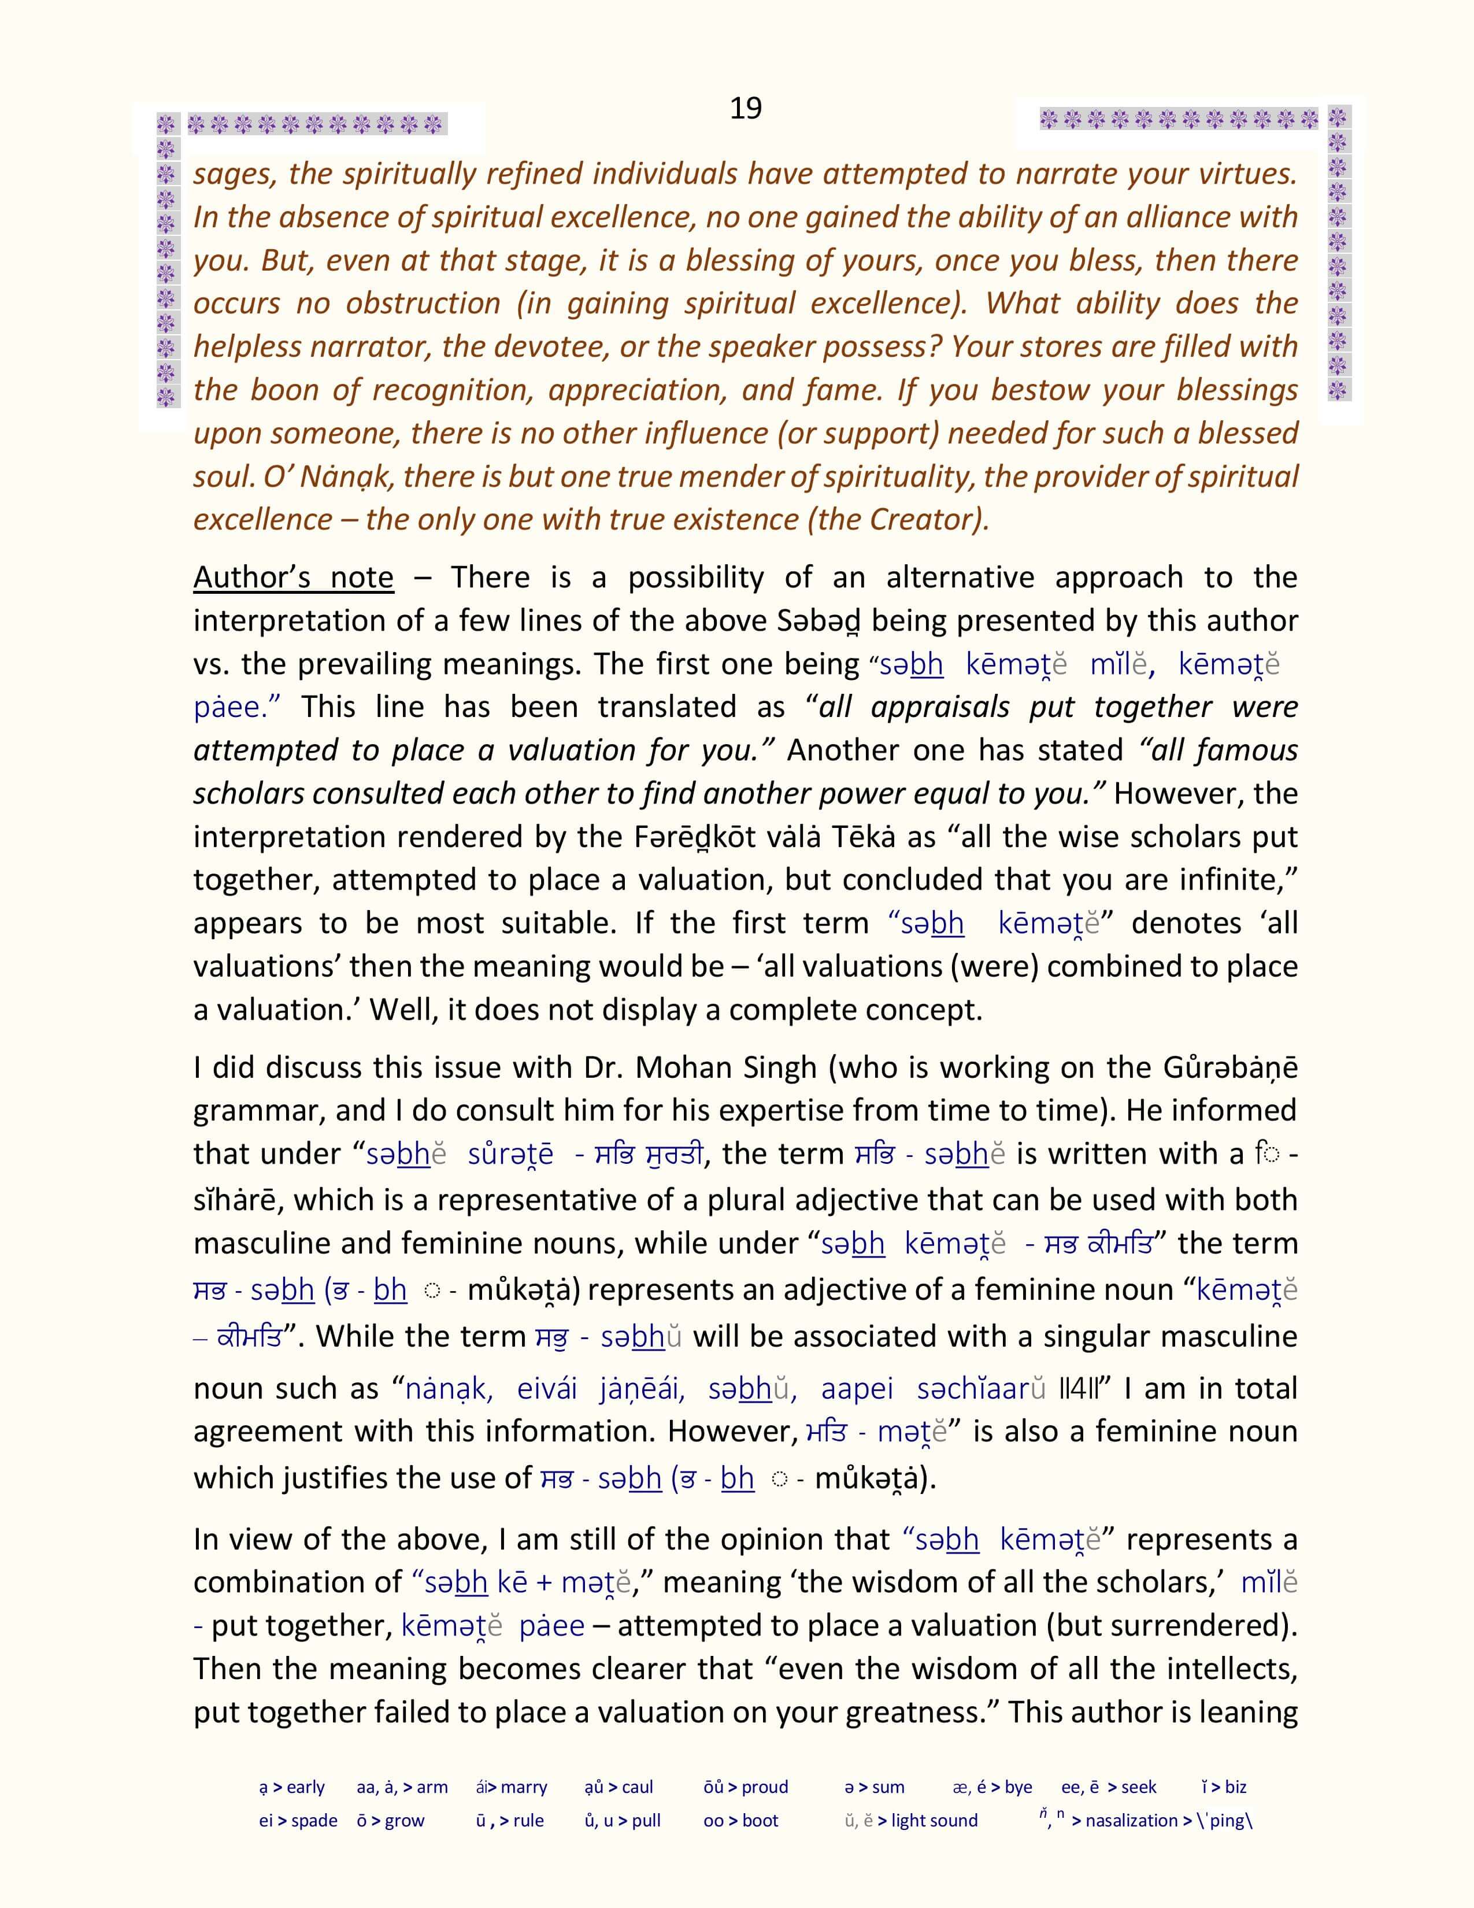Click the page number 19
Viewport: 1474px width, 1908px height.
click(x=746, y=108)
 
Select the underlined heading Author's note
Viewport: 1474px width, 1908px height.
click(x=294, y=578)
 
